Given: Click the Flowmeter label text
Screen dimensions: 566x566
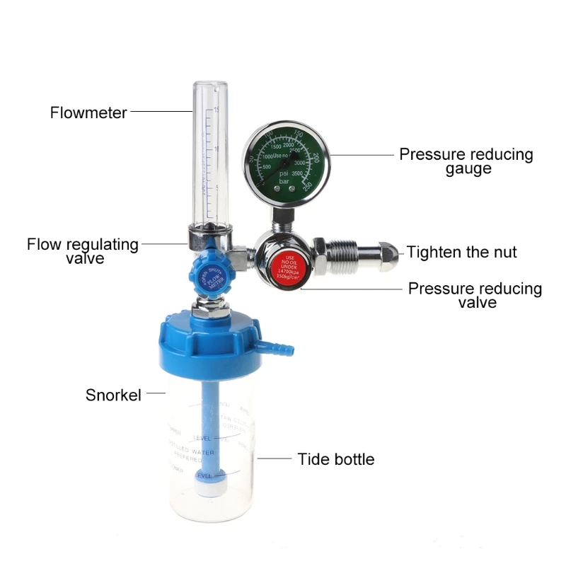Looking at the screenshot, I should pyautogui.click(x=88, y=112).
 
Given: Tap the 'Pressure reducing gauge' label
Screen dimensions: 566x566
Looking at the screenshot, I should pyautogui.click(x=466, y=161).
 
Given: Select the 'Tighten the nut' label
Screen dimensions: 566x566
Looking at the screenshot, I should pyautogui.click(x=461, y=253).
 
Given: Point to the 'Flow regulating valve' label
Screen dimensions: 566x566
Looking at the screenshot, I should pyautogui.click(x=83, y=251).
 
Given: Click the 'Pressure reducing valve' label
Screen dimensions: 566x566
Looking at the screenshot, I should pyautogui.click(x=475, y=295).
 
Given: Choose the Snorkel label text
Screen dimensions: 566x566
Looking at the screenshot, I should pyautogui.click(x=113, y=395).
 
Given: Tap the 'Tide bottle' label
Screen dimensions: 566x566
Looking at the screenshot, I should pyautogui.click(x=335, y=459).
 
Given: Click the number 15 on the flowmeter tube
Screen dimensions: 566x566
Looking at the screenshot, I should pyautogui.click(x=216, y=110).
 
